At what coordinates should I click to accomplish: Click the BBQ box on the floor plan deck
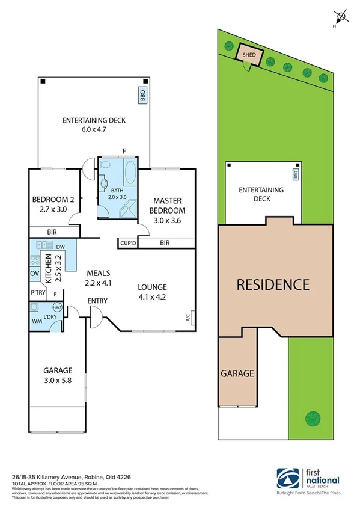(142, 96)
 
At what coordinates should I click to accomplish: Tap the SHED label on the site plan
(249, 55)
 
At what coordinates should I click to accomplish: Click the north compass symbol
(342, 17)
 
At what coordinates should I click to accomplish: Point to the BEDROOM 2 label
(53, 200)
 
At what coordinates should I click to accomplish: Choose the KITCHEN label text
(58, 268)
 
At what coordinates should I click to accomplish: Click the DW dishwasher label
(60, 247)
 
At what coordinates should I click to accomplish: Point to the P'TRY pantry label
(38, 293)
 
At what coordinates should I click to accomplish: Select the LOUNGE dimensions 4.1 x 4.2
(151, 296)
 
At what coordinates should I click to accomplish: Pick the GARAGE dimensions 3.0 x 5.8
(58, 380)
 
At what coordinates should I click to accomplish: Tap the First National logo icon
(285, 480)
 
